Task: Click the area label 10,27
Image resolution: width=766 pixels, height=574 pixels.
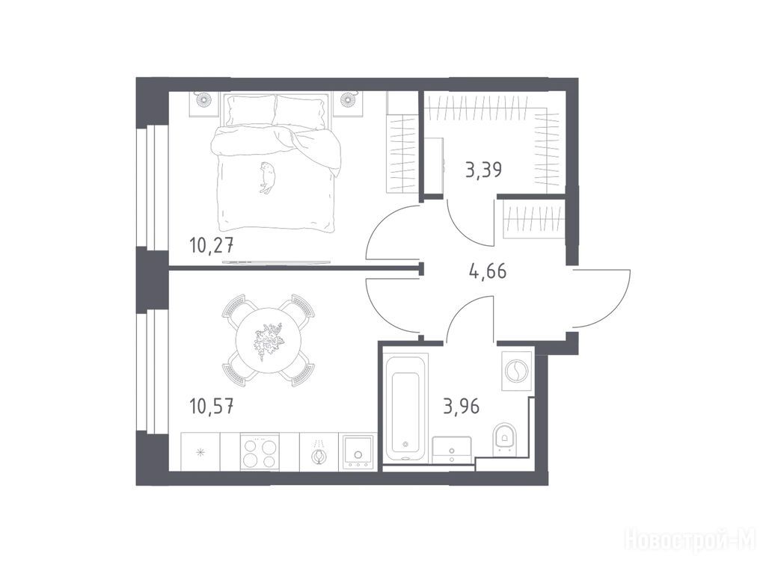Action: coord(212,244)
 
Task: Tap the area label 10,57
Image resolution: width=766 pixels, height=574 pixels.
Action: coord(212,406)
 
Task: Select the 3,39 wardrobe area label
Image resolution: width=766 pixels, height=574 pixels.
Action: coord(484,170)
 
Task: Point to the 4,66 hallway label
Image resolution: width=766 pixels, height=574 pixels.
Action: coord(488,271)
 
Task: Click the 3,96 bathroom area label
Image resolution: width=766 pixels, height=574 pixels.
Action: coord(461,406)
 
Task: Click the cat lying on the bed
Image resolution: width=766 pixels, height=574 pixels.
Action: coord(267,177)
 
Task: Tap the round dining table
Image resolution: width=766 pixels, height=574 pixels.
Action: coord(268,340)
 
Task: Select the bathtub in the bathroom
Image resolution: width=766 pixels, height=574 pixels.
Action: coord(405,407)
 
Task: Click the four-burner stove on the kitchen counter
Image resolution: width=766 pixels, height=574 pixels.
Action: coord(260,452)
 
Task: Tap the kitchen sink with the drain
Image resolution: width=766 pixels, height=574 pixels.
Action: coord(358,452)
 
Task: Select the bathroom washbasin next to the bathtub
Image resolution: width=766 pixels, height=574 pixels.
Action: coord(452,449)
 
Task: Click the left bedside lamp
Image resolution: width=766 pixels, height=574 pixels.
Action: coord(203,100)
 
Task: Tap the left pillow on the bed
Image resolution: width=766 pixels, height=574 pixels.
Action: coord(250,111)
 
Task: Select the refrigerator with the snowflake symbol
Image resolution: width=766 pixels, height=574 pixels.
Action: coord(200,452)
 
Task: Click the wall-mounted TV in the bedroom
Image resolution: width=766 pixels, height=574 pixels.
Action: coord(277,262)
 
